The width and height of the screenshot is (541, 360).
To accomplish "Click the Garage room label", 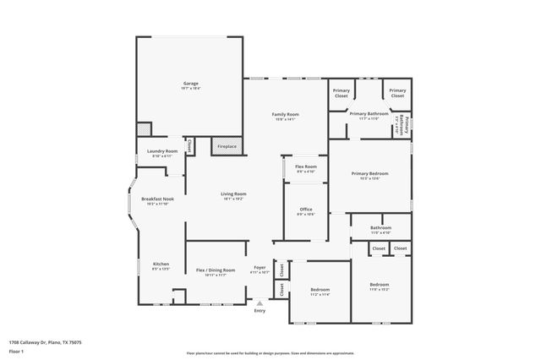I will pyautogui.click(x=191, y=83).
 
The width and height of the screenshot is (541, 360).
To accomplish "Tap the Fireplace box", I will pyautogui.click(x=227, y=145).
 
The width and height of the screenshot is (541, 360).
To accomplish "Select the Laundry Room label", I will pyautogui.click(x=161, y=151).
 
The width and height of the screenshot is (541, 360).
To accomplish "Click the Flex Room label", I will pyautogui.click(x=305, y=167).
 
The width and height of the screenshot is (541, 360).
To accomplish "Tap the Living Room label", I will pyautogui.click(x=233, y=194).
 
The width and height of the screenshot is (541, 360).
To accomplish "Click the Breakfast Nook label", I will pyautogui.click(x=156, y=199).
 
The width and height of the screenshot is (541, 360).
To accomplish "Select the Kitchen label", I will pyautogui.click(x=161, y=265).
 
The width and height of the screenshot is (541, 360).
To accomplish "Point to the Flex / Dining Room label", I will pyautogui.click(x=216, y=270).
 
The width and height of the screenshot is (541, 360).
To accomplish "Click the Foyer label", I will pyautogui.click(x=260, y=270).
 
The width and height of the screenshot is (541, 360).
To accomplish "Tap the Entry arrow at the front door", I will pyautogui.click(x=260, y=302).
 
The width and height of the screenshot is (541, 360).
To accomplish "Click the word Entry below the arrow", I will pyautogui.click(x=260, y=311).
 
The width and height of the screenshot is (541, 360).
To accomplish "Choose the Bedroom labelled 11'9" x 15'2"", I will pyautogui.click(x=379, y=285).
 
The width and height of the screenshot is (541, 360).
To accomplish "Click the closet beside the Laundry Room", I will pyautogui.click(x=189, y=146).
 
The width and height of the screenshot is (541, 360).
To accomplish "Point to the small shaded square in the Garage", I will pyautogui.click(x=145, y=129).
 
